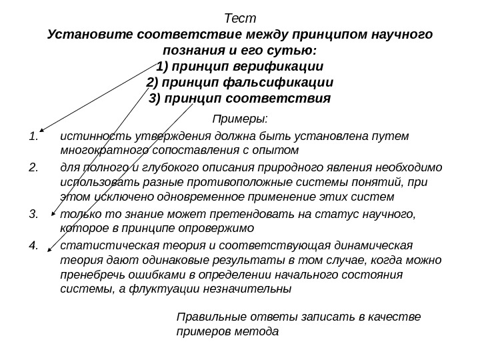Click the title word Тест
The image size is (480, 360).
pyautogui.click(x=241, y=17)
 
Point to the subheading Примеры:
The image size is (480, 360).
pyautogui.click(x=240, y=119)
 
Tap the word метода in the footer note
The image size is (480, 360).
pyautogui.click(x=262, y=331)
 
